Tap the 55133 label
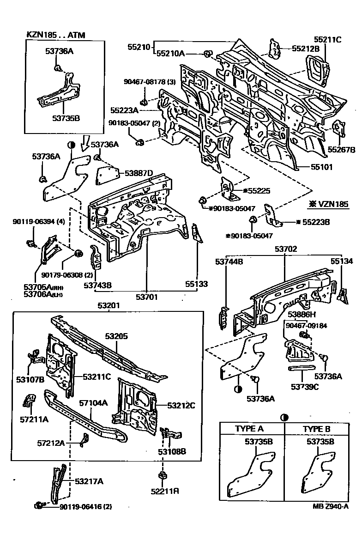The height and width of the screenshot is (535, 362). point(197,284)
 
